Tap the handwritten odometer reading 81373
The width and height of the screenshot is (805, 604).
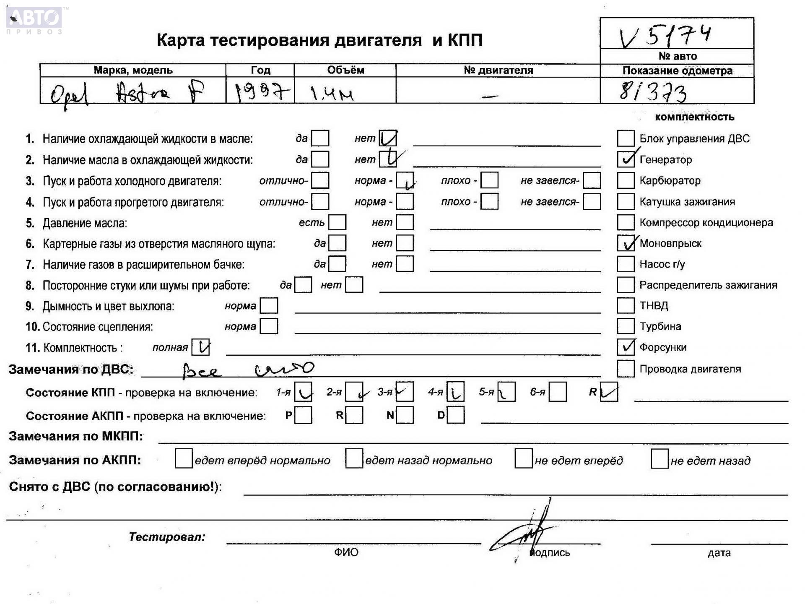pyautogui.click(x=653, y=92)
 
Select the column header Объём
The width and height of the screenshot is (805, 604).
pyautogui.click(x=345, y=70)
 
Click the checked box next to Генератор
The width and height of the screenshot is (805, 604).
pyautogui.click(x=626, y=159)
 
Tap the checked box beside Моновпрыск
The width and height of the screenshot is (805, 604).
pyautogui.click(x=626, y=243)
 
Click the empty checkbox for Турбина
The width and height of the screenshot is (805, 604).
pyautogui.click(x=626, y=326)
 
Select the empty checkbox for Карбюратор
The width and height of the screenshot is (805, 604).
pyautogui.click(x=626, y=180)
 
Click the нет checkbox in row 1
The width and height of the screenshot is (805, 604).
pyautogui.click(x=388, y=138)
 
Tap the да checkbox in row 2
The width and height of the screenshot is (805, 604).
pyautogui.click(x=320, y=159)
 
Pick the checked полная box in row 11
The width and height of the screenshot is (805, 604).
pyautogui.click(x=200, y=347)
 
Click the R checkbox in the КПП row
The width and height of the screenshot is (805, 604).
pyautogui.click(x=609, y=392)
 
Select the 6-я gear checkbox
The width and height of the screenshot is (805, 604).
pyautogui.click(x=558, y=392)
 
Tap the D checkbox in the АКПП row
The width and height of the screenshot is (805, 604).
pyautogui.click(x=456, y=415)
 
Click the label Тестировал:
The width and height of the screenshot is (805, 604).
pyautogui.click(x=167, y=536)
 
